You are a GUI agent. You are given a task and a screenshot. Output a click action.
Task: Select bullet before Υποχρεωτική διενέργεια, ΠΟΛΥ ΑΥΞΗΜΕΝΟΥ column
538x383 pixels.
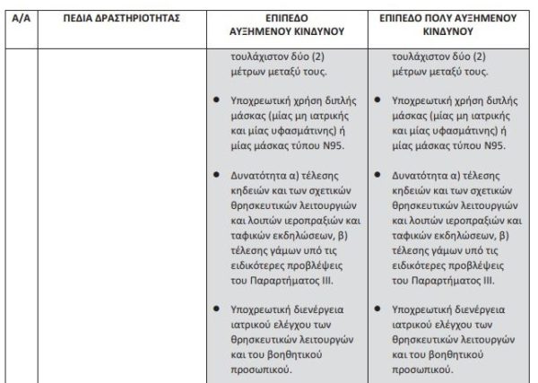click(381, 308)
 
